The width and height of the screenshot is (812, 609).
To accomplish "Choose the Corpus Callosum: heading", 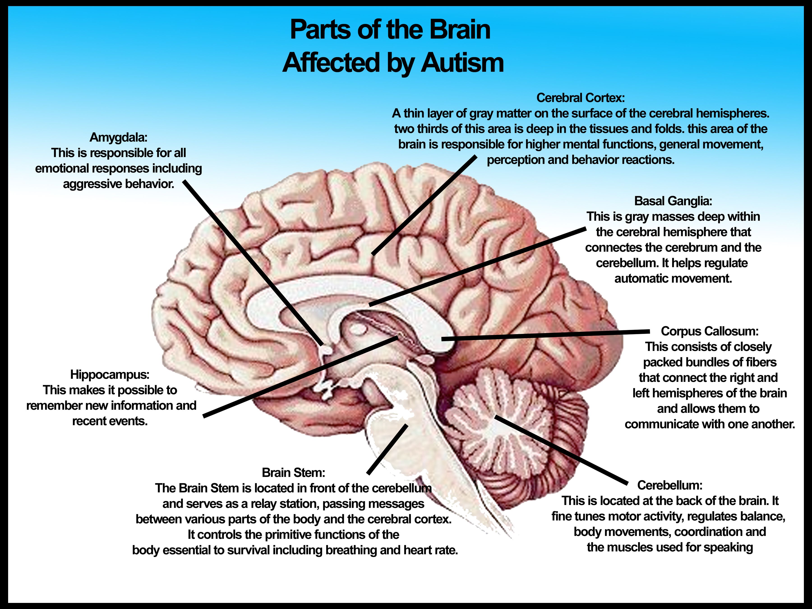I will (x=709, y=331).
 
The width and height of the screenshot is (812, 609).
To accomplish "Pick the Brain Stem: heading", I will (x=293, y=473).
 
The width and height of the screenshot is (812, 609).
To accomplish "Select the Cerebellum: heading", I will (x=670, y=485).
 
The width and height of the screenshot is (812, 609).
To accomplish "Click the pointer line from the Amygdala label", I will (x=253, y=263).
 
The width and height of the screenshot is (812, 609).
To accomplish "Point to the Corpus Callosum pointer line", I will (x=545, y=335).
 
